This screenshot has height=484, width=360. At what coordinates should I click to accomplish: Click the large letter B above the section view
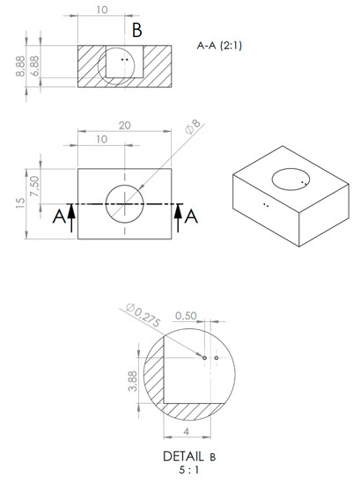tap(137, 30)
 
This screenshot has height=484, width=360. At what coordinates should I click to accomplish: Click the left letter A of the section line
tap(57, 217)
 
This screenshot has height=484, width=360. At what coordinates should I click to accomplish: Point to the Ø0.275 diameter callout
tap(143, 313)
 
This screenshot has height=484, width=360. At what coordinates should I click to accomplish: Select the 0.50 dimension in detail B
tap(186, 316)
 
